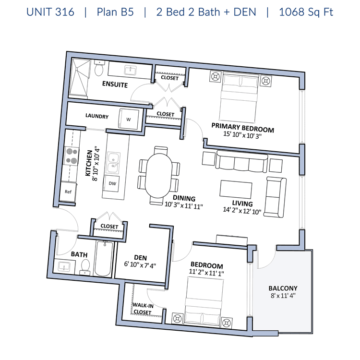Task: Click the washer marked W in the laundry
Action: (x=129, y=119)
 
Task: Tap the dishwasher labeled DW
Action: (x=111, y=183)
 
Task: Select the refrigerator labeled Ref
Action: (x=68, y=192)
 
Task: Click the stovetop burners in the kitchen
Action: (x=72, y=156)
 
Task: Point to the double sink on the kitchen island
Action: (x=113, y=163)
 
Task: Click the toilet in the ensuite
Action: (x=99, y=68)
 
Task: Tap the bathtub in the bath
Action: (x=104, y=259)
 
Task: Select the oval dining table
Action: (x=159, y=176)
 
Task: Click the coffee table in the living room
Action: (x=236, y=189)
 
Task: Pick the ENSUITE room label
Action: (x=115, y=84)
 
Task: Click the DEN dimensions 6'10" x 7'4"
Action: (x=140, y=264)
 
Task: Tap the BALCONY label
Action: (x=283, y=288)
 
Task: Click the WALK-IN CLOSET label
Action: (x=143, y=309)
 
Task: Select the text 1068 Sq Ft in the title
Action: (x=306, y=12)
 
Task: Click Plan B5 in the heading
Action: (x=115, y=12)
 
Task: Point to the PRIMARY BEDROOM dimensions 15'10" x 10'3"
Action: (x=242, y=135)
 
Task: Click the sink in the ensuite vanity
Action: (x=131, y=70)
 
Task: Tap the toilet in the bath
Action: (x=85, y=267)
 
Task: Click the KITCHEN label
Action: (x=89, y=163)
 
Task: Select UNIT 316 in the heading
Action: (x=50, y=12)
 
